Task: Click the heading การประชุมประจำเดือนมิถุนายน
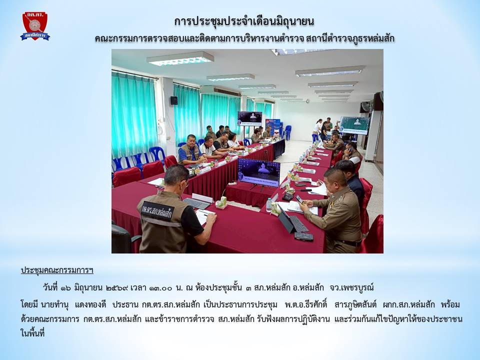[244, 21]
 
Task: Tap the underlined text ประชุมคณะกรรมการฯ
[57, 270]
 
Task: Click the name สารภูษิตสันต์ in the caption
[355, 304]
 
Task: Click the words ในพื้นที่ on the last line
[32, 333]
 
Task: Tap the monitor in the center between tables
[258, 172]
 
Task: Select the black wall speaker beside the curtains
[174, 100]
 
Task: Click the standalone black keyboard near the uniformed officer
[303, 236]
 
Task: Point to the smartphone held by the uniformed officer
[299, 200]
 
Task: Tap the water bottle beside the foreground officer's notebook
[269, 205]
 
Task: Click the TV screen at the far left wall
[250, 118]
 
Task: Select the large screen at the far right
[354, 125]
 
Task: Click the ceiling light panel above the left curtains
[180, 58]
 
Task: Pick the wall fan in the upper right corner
[366, 107]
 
